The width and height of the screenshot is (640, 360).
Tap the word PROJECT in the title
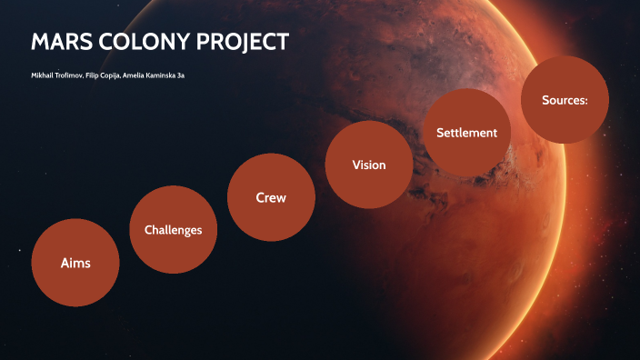(x=244, y=42)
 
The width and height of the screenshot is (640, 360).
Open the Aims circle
(x=75, y=263)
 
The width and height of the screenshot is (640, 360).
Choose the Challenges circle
(x=174, y=230)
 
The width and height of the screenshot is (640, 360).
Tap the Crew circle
(x=271, y=197)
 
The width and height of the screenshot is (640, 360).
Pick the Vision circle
(x=369, y=165)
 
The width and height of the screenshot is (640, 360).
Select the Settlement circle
(x=466, y=132)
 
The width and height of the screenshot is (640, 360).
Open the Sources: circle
(x=565, y=99)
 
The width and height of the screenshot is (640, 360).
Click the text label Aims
(x=75, y=264)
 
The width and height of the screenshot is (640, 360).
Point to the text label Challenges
(x=174, y=231)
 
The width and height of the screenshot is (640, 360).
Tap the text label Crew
(x=271, y=198)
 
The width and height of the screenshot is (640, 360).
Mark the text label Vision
(x=369, y=165)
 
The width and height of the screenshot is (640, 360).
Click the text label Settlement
(x=466, y=133)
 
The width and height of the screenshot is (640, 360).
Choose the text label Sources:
(x=565, y=100)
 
